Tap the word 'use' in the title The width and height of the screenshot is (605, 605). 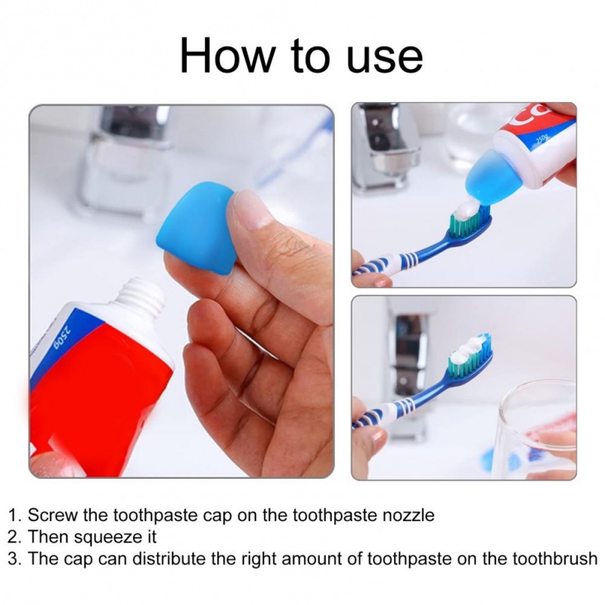point(385,59)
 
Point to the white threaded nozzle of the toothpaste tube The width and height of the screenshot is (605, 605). point(142,293)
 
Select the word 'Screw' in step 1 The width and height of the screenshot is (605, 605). point(52,515)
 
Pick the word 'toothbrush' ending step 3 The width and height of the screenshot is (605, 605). point(555,558)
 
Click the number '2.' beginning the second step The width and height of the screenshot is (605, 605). point(14,537)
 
